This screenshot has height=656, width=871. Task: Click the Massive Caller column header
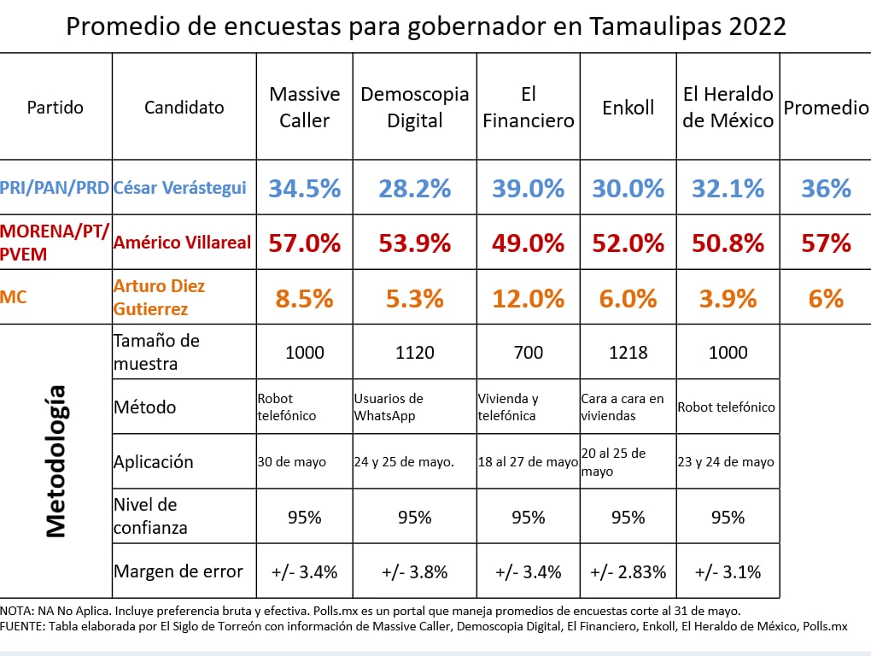point(304,107)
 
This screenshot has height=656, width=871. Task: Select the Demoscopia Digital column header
point(415,107)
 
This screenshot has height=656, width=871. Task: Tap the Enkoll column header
point(628,107)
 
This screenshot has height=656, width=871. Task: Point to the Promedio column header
point(826,107)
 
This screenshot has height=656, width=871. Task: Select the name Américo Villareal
point(182,243)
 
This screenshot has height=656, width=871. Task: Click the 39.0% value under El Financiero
point(528,188)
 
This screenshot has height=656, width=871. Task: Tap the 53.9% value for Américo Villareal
point(415,243)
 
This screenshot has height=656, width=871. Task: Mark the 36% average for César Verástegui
point(826,188)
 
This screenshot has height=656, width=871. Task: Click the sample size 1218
point(628,352)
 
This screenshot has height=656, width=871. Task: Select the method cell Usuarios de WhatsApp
point(389,407)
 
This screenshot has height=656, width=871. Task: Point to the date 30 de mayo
point(291,462)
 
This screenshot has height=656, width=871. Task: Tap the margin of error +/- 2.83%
point(628,571)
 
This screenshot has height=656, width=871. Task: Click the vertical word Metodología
point(56,461)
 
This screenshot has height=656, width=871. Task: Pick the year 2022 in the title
point(757,27)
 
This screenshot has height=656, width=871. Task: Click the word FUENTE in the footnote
point(24,626)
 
